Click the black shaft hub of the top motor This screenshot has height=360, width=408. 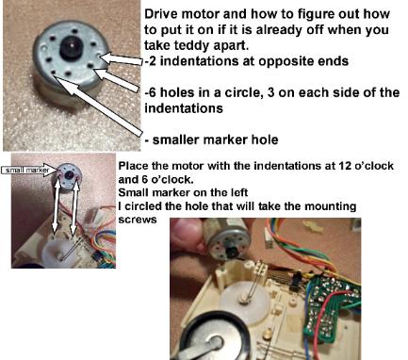coord(71,47)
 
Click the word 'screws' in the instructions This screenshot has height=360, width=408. coord(138,220)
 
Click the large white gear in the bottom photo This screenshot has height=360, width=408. coord(244,301)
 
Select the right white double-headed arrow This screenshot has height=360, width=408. coord(74,208)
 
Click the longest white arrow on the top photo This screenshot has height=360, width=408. coord(97,104)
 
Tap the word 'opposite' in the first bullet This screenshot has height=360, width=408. coord(273,61)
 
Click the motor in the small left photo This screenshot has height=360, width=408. coord(69,177)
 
